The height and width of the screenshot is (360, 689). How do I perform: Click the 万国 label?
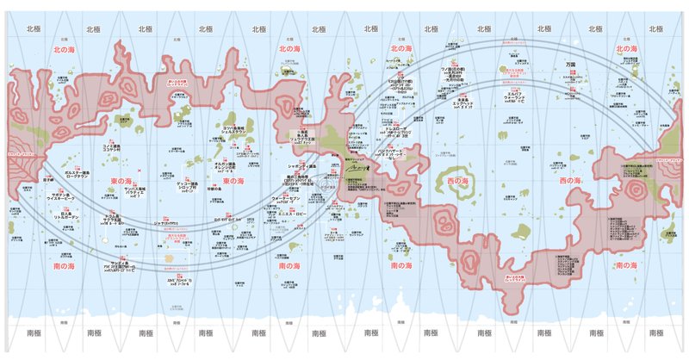[x=570, y=65]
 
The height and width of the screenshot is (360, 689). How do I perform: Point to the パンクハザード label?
[x=372, y=152]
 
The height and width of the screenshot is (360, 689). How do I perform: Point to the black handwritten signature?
[x=357, y=172]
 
